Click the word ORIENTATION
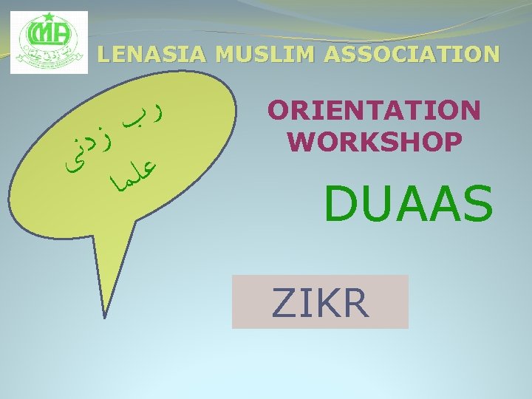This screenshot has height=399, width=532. point(375,111)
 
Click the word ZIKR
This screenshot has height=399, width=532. point(320,302)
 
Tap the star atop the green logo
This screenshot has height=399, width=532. point(50,16)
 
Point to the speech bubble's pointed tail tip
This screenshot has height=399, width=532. point(107,318)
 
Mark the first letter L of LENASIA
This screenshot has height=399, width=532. point(103,54)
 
